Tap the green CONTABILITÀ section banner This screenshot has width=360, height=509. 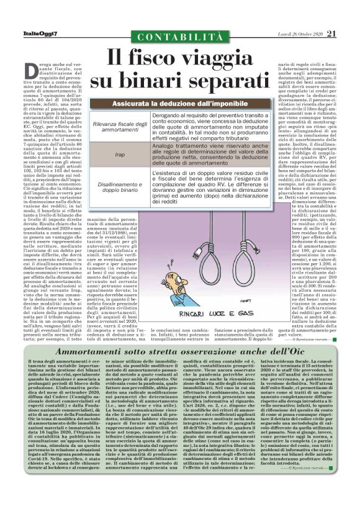(180, 37)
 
